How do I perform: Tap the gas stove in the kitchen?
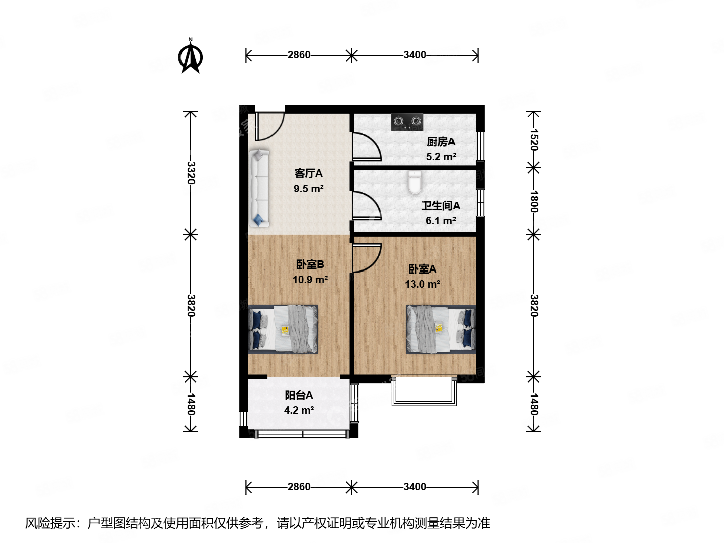(407, 122)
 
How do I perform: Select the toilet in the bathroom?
(414, 183)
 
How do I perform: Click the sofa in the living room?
(259, 189)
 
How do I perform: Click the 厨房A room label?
(441, 142)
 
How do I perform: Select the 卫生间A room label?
(440, 206)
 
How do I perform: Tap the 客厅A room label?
(308, 174)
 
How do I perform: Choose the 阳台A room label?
(299, 396)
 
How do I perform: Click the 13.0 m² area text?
(422, 284)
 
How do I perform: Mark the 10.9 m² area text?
(310, 280)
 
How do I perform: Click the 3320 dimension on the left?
(191, 172)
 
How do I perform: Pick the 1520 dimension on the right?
(534, 140)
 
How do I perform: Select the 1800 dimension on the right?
(534, 201)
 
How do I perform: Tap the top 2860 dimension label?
(299, 55)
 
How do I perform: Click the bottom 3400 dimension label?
(415, 487)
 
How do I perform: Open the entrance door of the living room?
(269, 126)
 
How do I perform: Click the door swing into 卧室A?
(366, 257)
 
